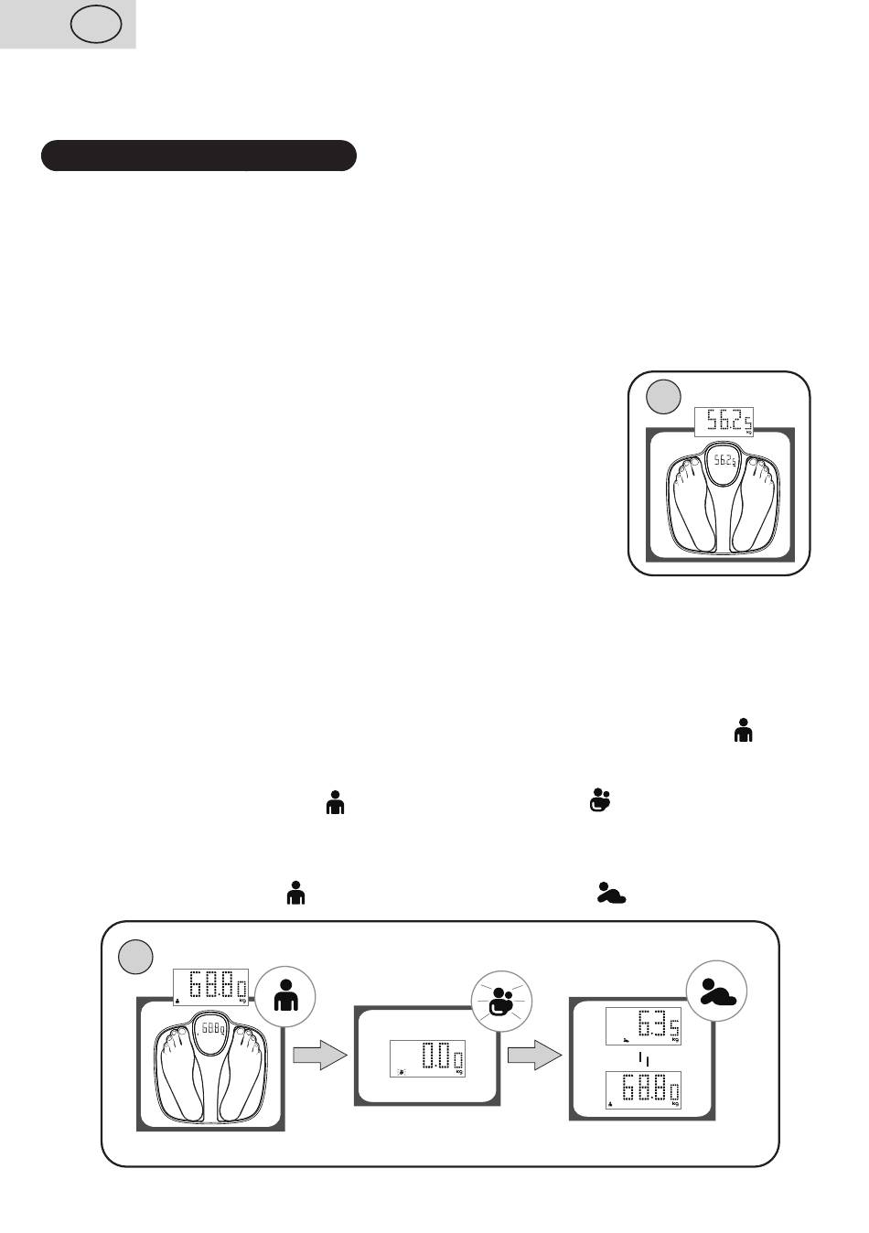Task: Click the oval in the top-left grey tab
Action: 98,25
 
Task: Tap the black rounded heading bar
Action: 198,155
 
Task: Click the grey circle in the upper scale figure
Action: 664,397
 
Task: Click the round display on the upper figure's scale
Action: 723,462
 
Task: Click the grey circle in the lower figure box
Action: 137,957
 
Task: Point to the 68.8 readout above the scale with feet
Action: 211,988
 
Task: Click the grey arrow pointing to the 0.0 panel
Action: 320,1056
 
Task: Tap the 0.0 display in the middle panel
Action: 427,1059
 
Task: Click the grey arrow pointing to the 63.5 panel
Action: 534,1056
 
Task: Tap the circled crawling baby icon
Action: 718,992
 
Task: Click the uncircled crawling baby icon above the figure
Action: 611,893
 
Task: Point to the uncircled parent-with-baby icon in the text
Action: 600,799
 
